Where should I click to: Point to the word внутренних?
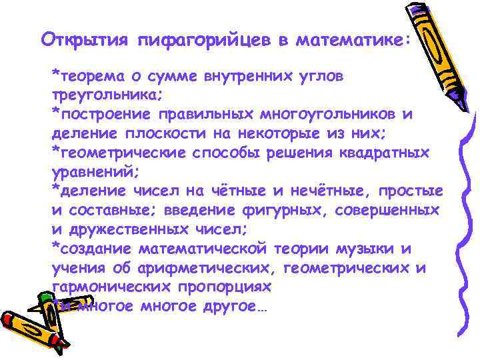(251, 75)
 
